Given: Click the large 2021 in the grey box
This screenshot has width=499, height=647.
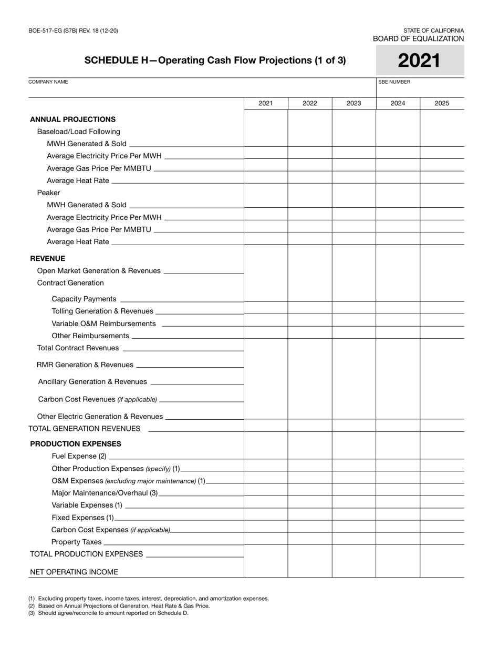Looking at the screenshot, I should [x=419, y=61].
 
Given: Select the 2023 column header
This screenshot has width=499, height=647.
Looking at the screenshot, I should [x=354, y=103].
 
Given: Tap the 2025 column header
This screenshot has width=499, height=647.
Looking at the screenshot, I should [x=442, y=103].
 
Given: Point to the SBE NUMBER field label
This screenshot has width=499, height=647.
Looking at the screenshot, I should [x=394, y=82].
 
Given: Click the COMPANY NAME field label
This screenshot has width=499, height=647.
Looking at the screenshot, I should [x=48, y=82].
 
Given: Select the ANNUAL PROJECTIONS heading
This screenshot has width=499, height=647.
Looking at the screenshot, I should [x=72, y=119].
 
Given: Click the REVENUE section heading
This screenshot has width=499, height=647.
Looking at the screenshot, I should [x=48, y=258].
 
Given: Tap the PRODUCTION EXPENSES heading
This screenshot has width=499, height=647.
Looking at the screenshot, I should [x=76, y=443].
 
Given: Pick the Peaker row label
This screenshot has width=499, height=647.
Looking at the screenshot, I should [x=48, y=193].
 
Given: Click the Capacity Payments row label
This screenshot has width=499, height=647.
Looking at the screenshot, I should [x=84, y=299].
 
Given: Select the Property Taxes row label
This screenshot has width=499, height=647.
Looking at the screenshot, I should [x=76, y=542].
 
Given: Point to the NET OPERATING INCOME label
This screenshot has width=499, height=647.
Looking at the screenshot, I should [x=74, y=572].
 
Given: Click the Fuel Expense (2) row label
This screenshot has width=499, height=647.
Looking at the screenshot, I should [x=79, y=456].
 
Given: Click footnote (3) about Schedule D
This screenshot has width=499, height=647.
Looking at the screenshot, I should [x=108, y=613].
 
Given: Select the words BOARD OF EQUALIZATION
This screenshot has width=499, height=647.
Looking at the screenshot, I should [x=418, y=39].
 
